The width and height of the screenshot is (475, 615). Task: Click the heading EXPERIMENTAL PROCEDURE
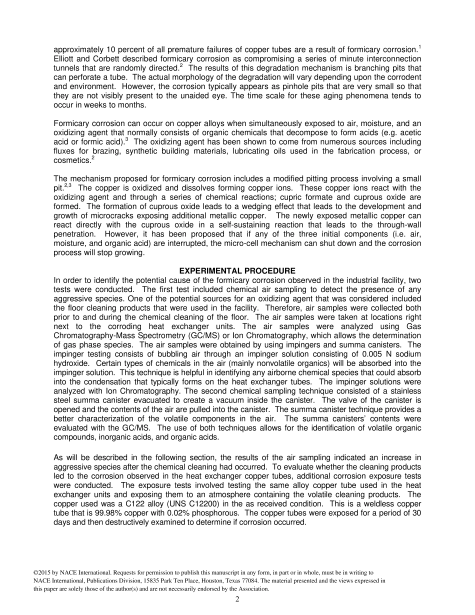point(237,271)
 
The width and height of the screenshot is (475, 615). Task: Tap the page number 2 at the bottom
point(237,599)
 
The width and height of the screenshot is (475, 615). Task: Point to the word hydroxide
point(71,363)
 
